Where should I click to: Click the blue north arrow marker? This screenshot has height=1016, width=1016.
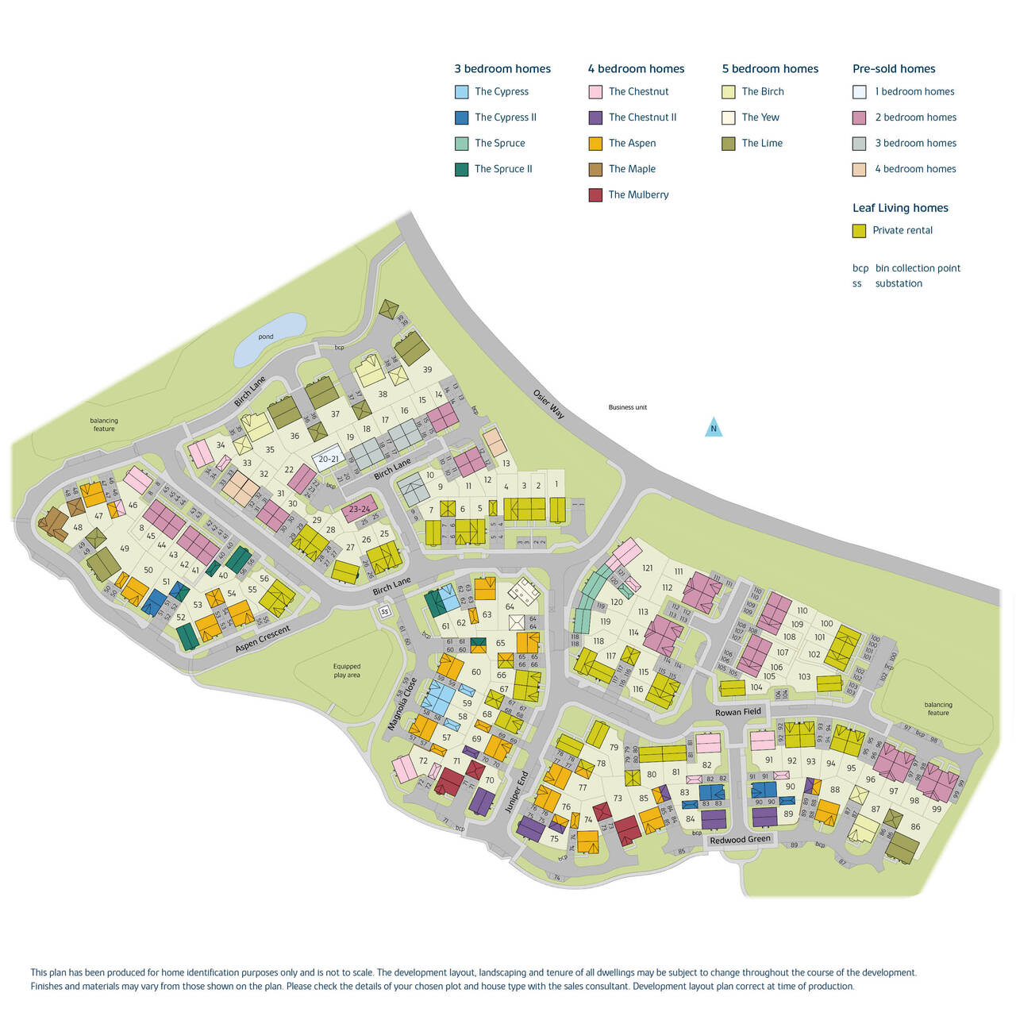pyautogui.click(x=714, y=428)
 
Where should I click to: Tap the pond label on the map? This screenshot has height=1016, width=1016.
pyautogui.click(x=266, y=337)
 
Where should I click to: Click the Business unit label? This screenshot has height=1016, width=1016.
pyautogui.click(x=627, y=407)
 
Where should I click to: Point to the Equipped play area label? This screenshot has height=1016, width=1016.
pyautogui.click(x=347, y=671)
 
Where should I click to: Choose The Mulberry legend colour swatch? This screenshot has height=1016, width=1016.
pyautogui.click(x=595, y=195)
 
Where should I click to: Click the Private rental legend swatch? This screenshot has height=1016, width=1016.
pyautogui.click(x=859, y=231)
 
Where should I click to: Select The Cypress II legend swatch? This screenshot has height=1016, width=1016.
pyautogui.click(x=461, y=117)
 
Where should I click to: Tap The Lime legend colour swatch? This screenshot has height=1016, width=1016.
pyautogui.click(x=729, y=144)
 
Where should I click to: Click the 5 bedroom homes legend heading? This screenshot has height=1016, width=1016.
pyautogui.click(x=770, y=69)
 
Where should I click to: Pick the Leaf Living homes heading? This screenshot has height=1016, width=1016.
pyautogui.click(x=900, y=208)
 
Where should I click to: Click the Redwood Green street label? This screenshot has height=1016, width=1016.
pyautogui.click(x=740, y=839)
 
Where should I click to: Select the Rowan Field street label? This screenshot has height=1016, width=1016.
pyautogui.click(x=738, y=712)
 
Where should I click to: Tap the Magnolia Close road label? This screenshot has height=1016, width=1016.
pyautogui.click(x=402, y=704)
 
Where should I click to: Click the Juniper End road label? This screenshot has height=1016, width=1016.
pyautogui.click(x=517, y=791)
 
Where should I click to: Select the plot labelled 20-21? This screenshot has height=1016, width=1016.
pyautogui.click(x=329, y=459)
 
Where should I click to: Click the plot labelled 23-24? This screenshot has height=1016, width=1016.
pyautogui.click(x=360, y=509)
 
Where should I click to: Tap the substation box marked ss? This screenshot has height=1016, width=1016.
pyautogui.click(x=385, y=611)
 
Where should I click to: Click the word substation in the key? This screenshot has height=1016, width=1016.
pyautogui.click(x=899, y=283)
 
